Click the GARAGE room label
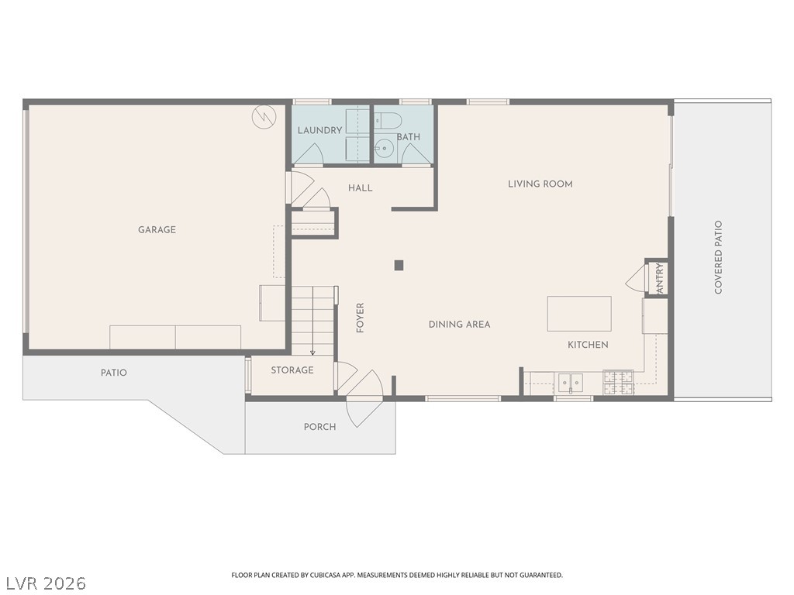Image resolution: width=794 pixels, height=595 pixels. coord(157,229)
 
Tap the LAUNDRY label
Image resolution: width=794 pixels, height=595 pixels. coord(319,130)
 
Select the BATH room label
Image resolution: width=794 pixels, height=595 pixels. coord(408,136)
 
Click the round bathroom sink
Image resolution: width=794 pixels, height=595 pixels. coord(385,148)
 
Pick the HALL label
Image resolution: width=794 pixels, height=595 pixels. coord(360,188)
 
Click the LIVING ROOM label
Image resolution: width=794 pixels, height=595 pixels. coord(540,184)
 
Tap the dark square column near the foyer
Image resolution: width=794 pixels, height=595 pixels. coord(399,265)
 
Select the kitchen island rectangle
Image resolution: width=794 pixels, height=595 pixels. coord(579,314)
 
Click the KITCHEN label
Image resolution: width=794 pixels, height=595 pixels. coord(588,345)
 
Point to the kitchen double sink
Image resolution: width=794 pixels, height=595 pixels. coord(571,382)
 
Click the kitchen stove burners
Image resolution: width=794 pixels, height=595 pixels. coord(618,383)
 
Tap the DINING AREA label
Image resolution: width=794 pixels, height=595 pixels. coord(459,325)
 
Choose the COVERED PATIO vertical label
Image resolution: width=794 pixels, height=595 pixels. coord(718,257)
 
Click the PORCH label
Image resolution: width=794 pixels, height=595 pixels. coord(319,427)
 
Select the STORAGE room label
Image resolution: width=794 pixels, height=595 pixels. coord(292,370)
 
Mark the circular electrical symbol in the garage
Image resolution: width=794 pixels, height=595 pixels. coord(264,118)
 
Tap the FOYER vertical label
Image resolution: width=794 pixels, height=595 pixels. coord(360,318)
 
